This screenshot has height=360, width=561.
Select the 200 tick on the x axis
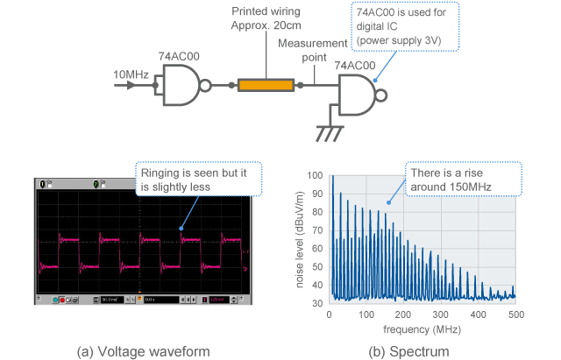(403, 314)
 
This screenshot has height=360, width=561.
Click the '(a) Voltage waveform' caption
(144, 351)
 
